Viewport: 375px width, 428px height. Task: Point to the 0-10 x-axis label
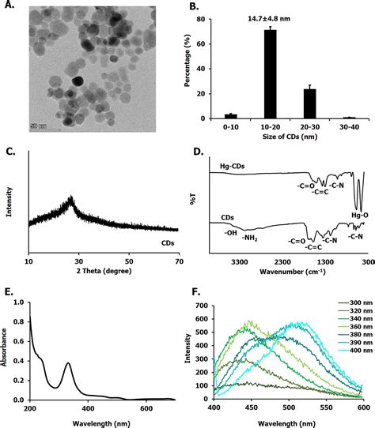231,127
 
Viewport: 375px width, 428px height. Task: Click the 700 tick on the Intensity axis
201,283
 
